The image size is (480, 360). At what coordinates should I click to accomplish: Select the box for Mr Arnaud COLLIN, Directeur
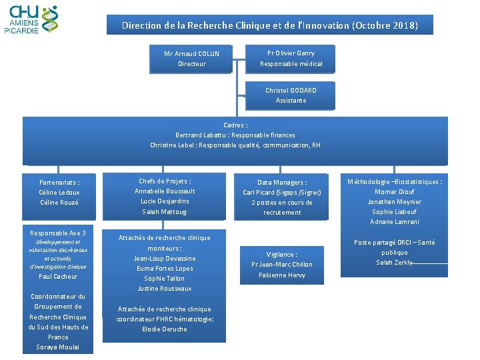(x=191, y=59)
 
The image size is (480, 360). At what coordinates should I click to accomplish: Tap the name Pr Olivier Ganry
(x=291, y=53)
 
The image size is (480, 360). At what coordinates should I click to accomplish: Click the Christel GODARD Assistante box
(x=291, y=95)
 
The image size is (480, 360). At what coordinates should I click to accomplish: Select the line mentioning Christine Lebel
(x=235, y=145)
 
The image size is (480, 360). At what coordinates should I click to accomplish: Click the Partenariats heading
(x=59, y=182)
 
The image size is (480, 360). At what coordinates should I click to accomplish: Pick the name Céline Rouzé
(x=59, y=203)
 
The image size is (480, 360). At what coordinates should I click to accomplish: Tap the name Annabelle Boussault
(x=165, y=191)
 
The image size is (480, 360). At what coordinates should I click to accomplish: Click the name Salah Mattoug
(x=165, y=212)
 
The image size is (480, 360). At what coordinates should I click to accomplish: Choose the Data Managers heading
(x=282, y=182)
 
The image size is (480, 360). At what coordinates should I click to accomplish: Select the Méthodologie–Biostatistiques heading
(x=395, y=181)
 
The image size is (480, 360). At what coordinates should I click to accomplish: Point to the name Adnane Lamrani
(x=395, y=222)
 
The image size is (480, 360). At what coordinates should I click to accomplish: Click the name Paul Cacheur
(x=58, y=277)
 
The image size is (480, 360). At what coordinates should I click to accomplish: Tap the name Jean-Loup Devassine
(x=165, y=259)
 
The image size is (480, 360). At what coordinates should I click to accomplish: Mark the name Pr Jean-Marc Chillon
(x=281, y=265)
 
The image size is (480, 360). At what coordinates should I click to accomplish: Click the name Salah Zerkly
(x=394, y=263)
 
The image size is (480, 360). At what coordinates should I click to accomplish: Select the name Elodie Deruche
(x=165, y=329)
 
